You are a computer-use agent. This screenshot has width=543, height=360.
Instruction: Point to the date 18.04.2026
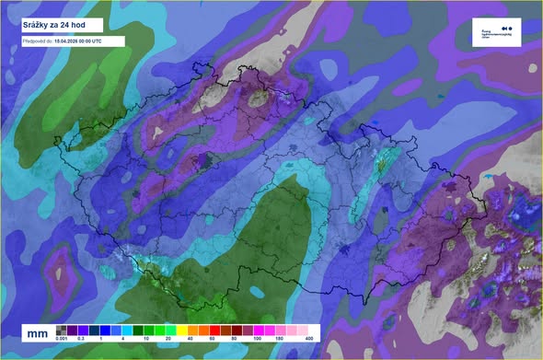[x=69, y=41]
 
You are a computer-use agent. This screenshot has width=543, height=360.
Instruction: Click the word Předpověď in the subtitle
[x=36, y=41]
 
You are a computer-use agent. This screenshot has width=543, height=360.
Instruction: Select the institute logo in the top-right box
[x=496, y=31]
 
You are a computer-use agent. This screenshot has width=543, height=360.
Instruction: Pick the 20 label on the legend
[x=166, y=341]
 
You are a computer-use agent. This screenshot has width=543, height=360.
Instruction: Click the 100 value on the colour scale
[x=250, y=341]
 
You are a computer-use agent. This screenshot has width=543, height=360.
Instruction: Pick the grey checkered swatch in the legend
[x=61, y=330]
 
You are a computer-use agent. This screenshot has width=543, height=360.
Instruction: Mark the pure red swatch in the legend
[x=214, y=330]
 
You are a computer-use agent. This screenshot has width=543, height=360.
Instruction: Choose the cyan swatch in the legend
[x=128, y=330]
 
